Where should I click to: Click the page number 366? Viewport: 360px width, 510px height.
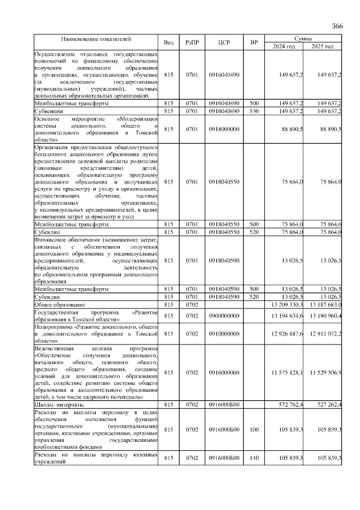(x=337, y=26)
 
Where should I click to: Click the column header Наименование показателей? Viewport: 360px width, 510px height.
(x=96, y=39)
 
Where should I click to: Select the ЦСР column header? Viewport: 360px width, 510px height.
(x=224, y=43)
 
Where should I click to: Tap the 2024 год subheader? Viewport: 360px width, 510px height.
(x=283, y=46)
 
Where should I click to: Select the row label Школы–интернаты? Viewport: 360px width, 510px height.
(x=59, y=404)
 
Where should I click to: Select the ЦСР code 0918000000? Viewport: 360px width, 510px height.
(x=224, y=129)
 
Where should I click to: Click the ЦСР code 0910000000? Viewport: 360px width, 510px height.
(x=224, y=334)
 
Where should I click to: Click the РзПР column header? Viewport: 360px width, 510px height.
(x=191, y=43)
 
